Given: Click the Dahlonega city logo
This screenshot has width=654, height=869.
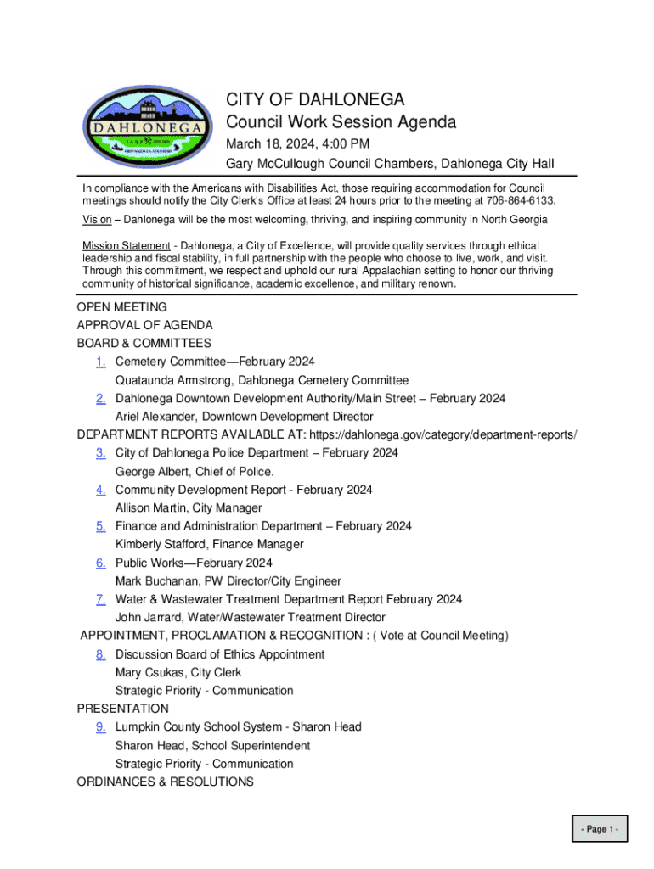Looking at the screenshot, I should tap(148, 127).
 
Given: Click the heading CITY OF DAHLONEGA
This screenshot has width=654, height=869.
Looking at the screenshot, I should tap(315, 99).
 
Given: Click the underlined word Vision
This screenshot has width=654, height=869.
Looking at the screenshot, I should tap(97, 220).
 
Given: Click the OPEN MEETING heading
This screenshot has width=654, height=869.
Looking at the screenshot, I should tap(122, 307).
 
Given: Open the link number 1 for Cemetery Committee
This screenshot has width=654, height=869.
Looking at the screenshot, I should tap(100, 362).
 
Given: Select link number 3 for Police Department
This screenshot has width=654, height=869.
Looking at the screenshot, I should tap(100, 453).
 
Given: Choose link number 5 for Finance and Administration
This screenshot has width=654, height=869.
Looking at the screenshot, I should tap(100, 526).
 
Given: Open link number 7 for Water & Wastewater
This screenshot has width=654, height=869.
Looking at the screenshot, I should tap(100, 599).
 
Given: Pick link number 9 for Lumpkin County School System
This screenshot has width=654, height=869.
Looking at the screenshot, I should tap(100, 727).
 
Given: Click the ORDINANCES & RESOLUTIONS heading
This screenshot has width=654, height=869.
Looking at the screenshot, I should tap(165, 782).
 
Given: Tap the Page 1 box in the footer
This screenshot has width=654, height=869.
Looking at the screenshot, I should tap(600, 829).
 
